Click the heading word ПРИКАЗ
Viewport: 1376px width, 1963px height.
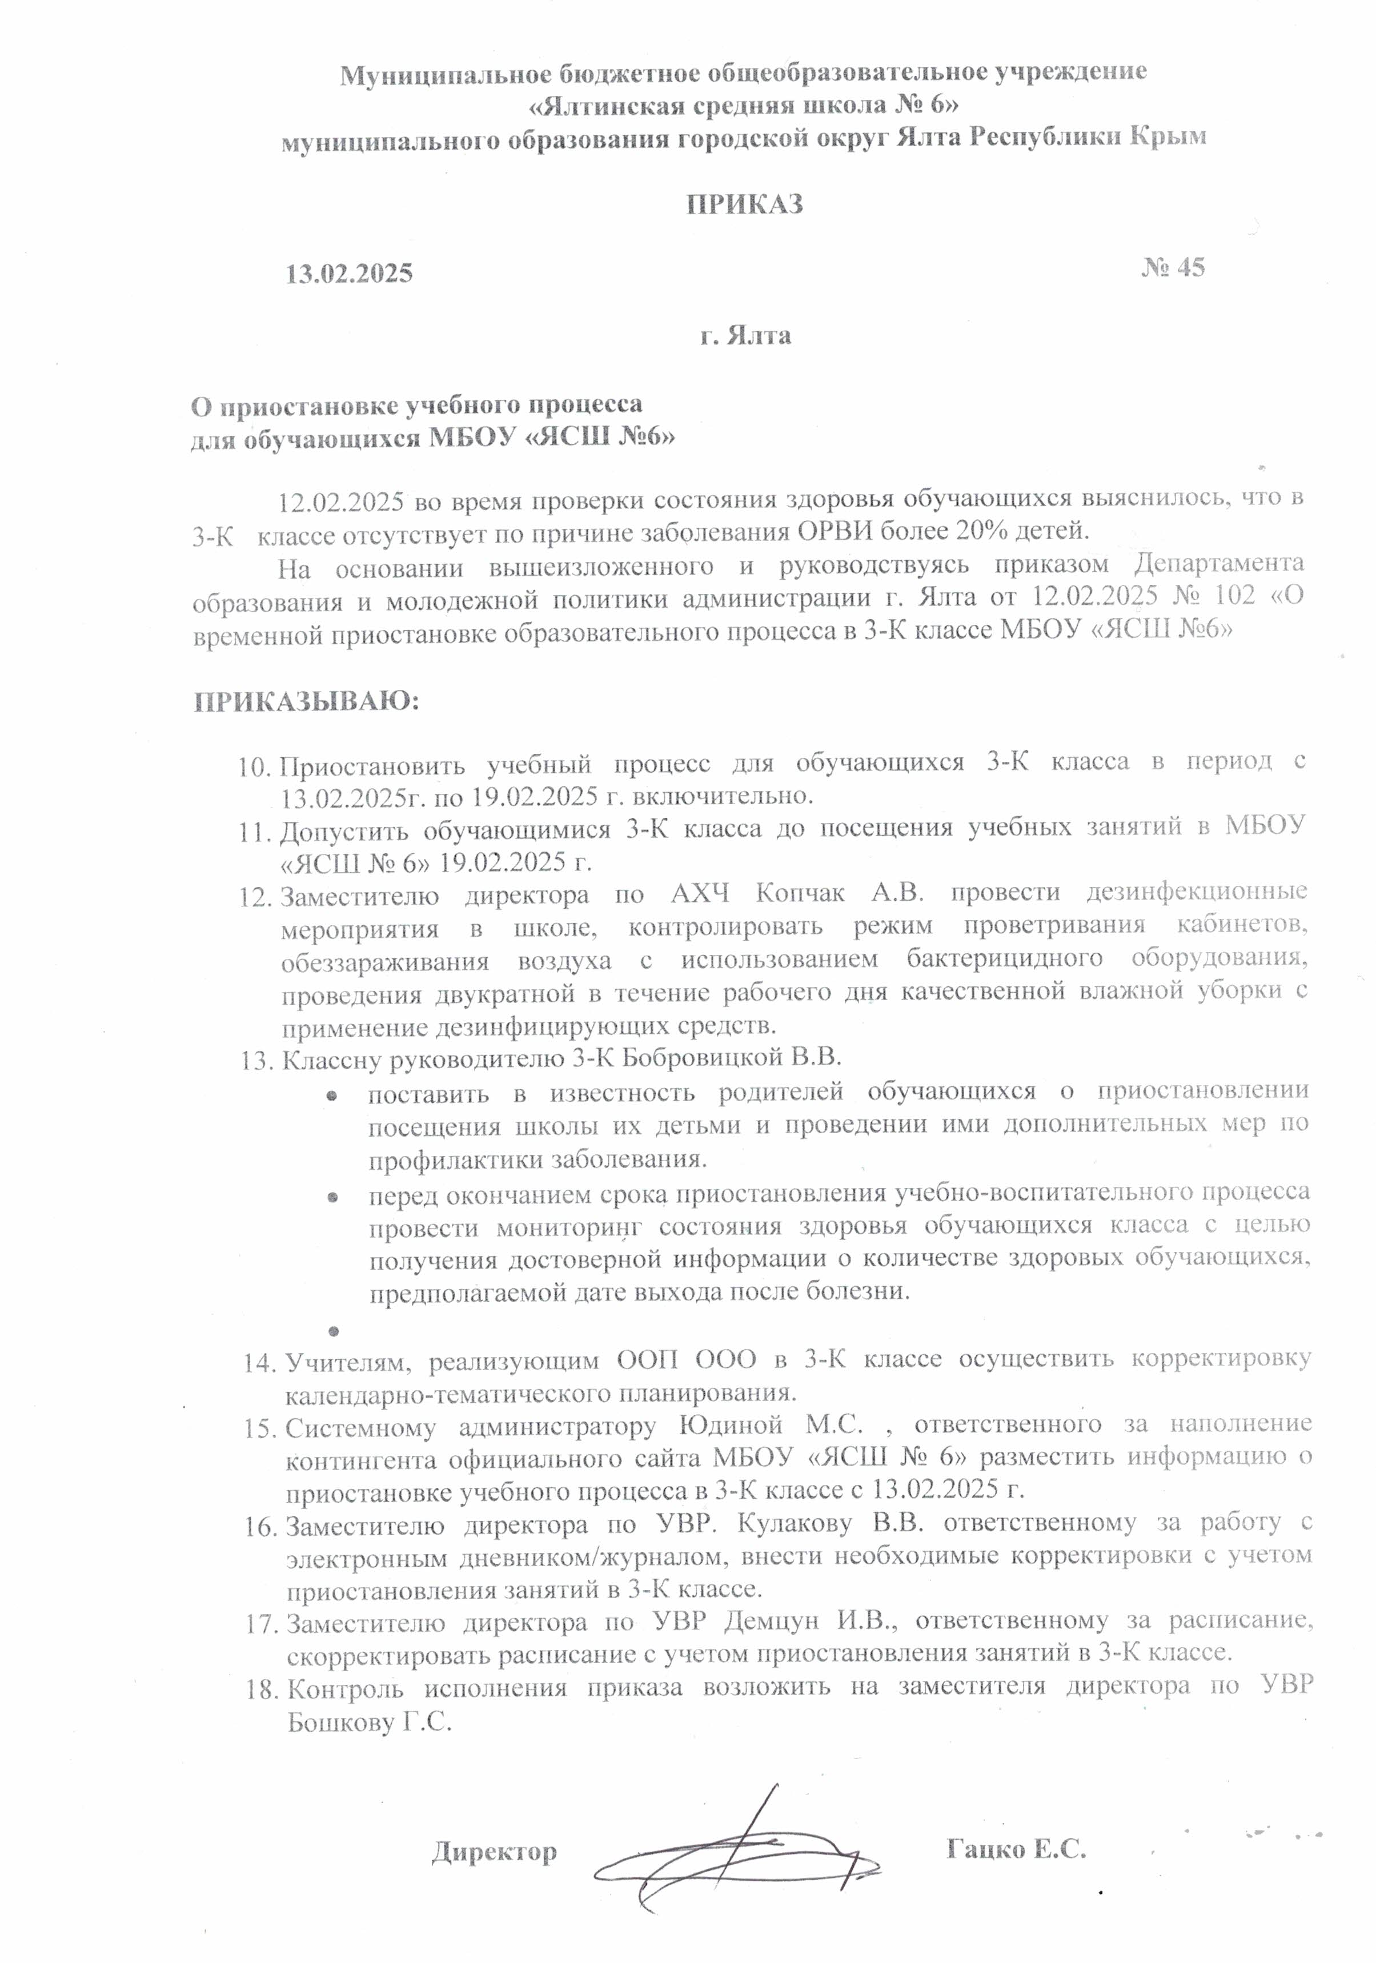[744, 205]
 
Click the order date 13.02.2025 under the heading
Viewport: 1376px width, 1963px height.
[349, 274]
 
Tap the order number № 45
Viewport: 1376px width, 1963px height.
[1173, 268]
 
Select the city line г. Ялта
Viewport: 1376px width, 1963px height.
[745, 335]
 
